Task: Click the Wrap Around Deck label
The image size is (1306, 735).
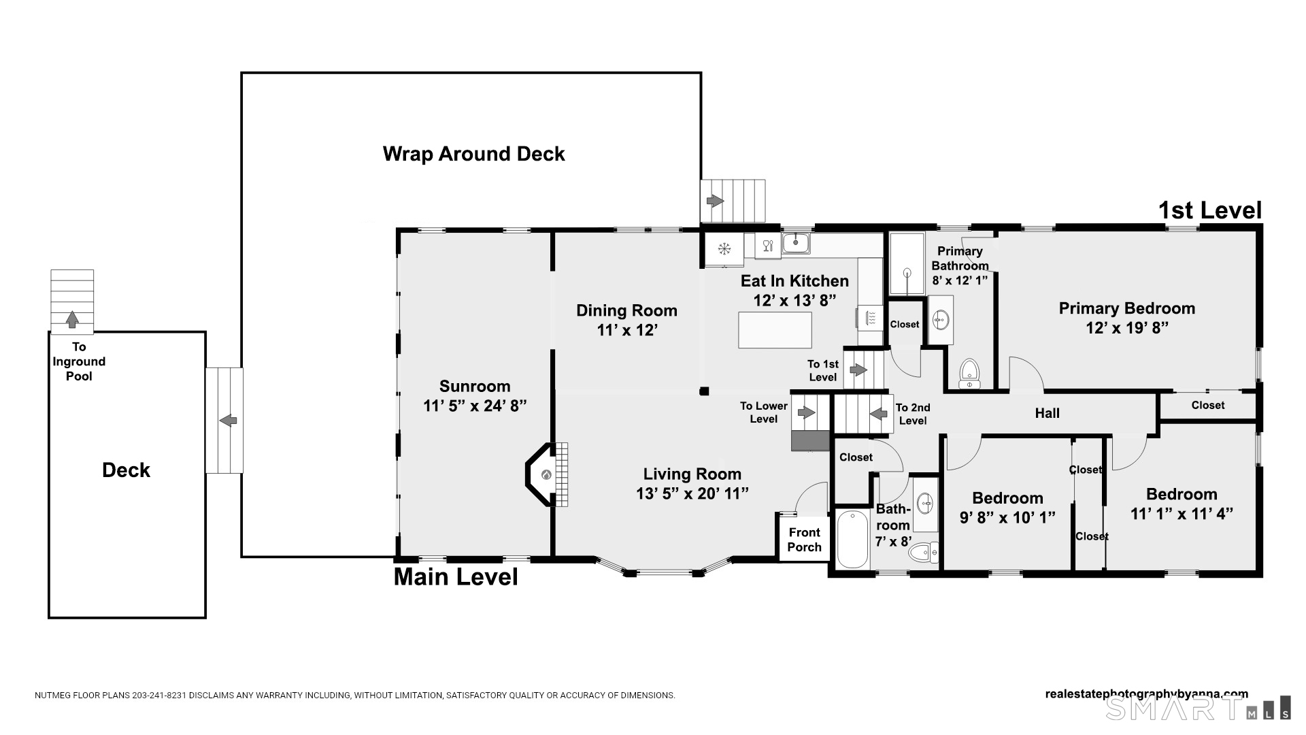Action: [x=473, y=154]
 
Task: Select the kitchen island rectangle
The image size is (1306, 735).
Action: [x=775, y=330]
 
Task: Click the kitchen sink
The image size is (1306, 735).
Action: [x=795, y=242]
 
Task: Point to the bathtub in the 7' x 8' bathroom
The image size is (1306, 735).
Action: [x=852, y=538]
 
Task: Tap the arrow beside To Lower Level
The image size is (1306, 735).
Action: [x=807, y=412]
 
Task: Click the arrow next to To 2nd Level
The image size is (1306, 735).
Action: [x=878, y=413]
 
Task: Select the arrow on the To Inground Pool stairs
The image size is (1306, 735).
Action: [x=72, y=318]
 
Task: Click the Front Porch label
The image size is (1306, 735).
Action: [x=805, y=540]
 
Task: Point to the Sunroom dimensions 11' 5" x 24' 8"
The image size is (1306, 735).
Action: [x=475, y=406]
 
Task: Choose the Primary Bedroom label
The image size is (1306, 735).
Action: [x=1127, y=308]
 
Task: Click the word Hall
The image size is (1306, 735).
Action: [x=1048, y=413]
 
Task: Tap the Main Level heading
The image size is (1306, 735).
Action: [x=456, y=577]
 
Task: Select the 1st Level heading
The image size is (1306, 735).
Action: [x=1210, y=210]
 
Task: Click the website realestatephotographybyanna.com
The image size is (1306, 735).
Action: [x=1147, y=694]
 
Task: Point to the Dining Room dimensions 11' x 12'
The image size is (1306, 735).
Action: [x=626, y=330]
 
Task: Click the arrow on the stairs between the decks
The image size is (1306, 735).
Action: [x=228, y=421]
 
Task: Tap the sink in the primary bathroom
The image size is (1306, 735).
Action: [x=941, y=319]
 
